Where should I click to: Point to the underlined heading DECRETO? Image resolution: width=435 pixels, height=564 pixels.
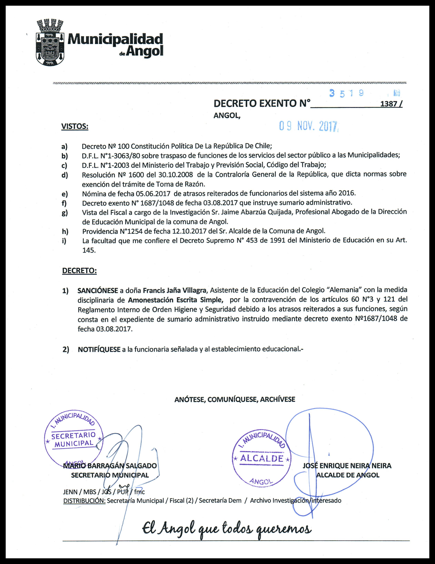pyautogui.click(x=79, y=271)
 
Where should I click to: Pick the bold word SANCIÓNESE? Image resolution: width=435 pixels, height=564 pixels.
pyautogui.click(x=98, y=290)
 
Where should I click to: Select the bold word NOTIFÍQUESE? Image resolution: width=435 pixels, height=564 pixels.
pyautogui.click(x=99, y=349)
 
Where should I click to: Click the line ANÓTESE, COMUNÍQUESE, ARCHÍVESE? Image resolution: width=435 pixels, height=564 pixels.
pyautogui.click(x=235, y=400)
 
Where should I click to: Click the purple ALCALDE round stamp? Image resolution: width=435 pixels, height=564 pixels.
pyautogui.click(x=261, y=458)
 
